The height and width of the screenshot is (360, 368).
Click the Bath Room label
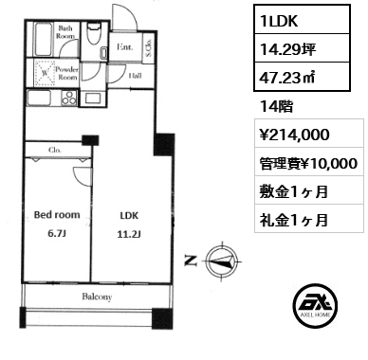click(66, 33)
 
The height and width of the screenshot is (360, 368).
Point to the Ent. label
click(124, 45)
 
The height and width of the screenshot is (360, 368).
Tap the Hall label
click(136, 74)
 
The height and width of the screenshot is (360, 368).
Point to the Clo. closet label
click(55, 149)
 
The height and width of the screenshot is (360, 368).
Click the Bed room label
click(57, 214)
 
